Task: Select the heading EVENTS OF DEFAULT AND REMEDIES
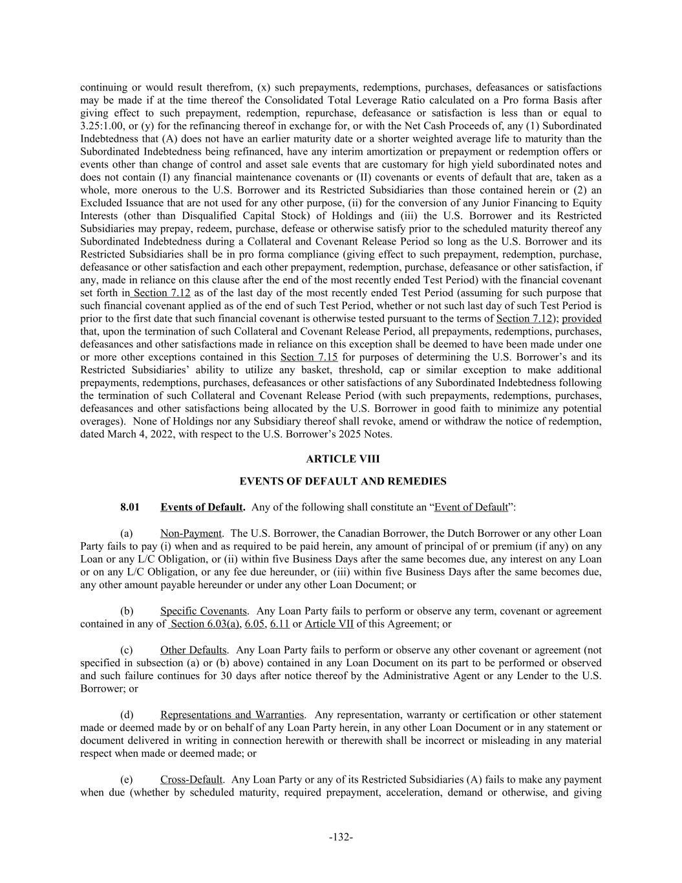coord(343,481)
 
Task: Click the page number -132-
coord(341,837)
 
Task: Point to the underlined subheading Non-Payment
coord(191,534)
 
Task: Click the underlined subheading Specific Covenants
coord(204,611)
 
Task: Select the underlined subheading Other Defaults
coord(193,650)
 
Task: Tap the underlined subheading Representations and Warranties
coord(232,715)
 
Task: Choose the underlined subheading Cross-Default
coord(191,779)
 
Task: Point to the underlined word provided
coord(582,318)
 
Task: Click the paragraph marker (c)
coord(127,650)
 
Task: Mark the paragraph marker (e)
coord(127,779)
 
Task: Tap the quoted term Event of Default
coord(471,507)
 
